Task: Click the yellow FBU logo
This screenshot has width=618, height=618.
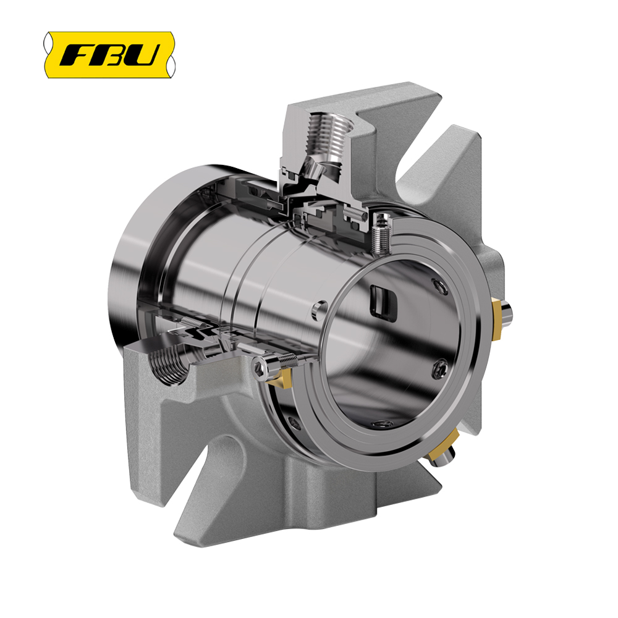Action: [109, 54]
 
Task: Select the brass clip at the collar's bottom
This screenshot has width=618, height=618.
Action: [443, 446]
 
